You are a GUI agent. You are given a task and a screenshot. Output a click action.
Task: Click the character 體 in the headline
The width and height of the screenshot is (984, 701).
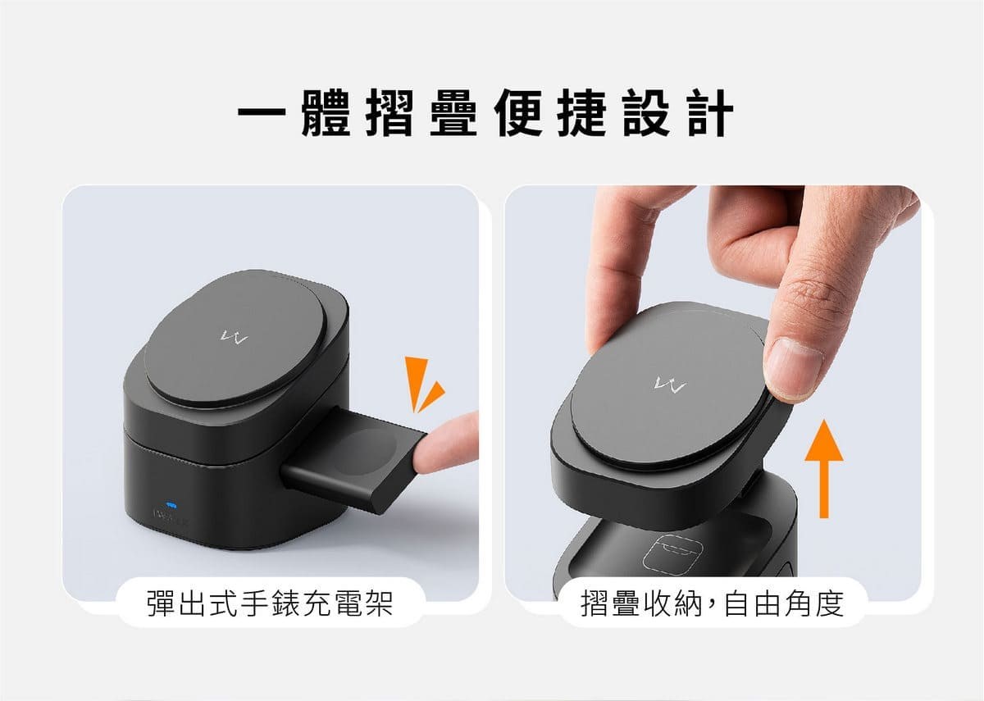(x=326, y=112)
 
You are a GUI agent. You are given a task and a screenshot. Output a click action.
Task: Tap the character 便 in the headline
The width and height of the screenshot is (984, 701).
(x=517, y=112)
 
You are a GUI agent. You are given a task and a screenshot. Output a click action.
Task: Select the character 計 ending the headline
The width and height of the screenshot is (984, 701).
(x=710, y=112)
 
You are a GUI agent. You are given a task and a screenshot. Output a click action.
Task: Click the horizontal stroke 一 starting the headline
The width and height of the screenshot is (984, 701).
(x=262, y=112)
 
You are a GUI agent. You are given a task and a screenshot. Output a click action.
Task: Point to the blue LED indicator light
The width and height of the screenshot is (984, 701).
(x=171, y=505)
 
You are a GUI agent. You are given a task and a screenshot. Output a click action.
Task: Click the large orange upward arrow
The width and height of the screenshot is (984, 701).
(x=824, y=469)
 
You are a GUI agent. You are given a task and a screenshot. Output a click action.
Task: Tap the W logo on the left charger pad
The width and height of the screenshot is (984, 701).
(x=234, y=337)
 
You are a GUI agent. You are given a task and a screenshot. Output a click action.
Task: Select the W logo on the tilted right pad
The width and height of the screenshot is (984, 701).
(x=670, y=385)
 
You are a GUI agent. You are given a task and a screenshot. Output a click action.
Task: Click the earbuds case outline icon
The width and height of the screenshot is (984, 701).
(x=672, y=554)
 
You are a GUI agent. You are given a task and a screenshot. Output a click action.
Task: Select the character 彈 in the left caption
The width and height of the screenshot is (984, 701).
(x=162, y=604)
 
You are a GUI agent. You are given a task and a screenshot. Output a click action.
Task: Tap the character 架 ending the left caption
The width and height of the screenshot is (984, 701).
(x=378, y=604)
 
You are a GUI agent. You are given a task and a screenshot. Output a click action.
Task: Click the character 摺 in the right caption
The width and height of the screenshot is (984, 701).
(x=595, y=604)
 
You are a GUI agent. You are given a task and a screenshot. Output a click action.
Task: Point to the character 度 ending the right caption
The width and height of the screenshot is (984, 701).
(x=829, y=604)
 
